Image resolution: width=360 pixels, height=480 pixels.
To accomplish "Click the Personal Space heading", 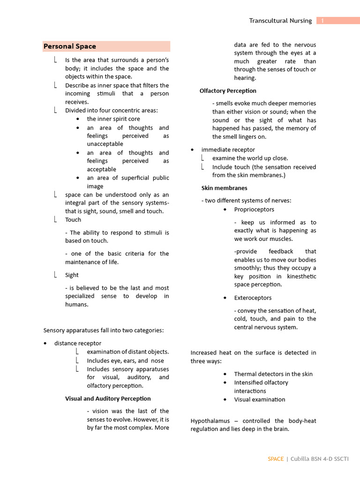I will tap(70, 46).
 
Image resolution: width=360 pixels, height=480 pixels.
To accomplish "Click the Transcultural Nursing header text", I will tap(280, 21).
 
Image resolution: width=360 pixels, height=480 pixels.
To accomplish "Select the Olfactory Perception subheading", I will tap(228, 90).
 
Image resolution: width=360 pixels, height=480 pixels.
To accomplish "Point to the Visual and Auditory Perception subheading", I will tap(108, 398).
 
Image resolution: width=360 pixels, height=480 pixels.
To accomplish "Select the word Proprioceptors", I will tap(254, 210).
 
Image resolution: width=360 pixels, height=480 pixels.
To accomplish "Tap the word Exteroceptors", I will tap(253, 298).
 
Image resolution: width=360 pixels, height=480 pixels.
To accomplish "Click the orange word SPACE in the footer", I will tap(276, 459).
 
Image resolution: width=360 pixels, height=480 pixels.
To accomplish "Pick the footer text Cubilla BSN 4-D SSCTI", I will tap(320, 459).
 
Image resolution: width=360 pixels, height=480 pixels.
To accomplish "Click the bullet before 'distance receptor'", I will tap(45, 344).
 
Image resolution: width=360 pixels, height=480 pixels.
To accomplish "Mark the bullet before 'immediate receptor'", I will tap(193, 150).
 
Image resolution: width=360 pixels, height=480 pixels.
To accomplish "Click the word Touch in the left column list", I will tap(73, 219).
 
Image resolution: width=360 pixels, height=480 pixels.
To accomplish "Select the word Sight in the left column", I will tap(72, 275).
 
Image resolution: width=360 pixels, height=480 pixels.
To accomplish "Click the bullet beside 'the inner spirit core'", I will tap(78, 119).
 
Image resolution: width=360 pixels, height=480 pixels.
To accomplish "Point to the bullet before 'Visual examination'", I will tap(225, 400).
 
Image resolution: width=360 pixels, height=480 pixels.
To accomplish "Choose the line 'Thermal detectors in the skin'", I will tap(273, 374).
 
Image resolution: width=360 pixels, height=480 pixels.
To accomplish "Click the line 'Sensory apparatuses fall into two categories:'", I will tap(104, 330).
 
